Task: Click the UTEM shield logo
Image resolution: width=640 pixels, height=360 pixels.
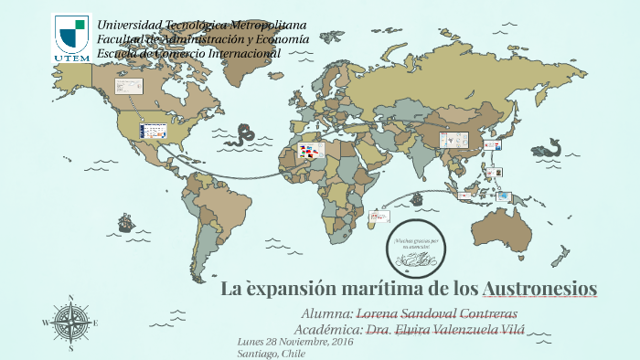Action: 71,37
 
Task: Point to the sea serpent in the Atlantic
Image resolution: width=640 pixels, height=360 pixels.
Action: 244,136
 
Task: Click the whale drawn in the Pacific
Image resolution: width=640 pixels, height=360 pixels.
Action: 551,146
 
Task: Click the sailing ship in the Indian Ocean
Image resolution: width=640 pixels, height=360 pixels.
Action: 417,198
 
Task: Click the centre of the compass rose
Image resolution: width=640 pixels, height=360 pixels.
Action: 70,322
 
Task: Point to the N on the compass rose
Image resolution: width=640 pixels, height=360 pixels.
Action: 70,298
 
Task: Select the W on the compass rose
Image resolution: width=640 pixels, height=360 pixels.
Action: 45,323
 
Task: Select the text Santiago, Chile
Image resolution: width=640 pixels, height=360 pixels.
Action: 271,353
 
